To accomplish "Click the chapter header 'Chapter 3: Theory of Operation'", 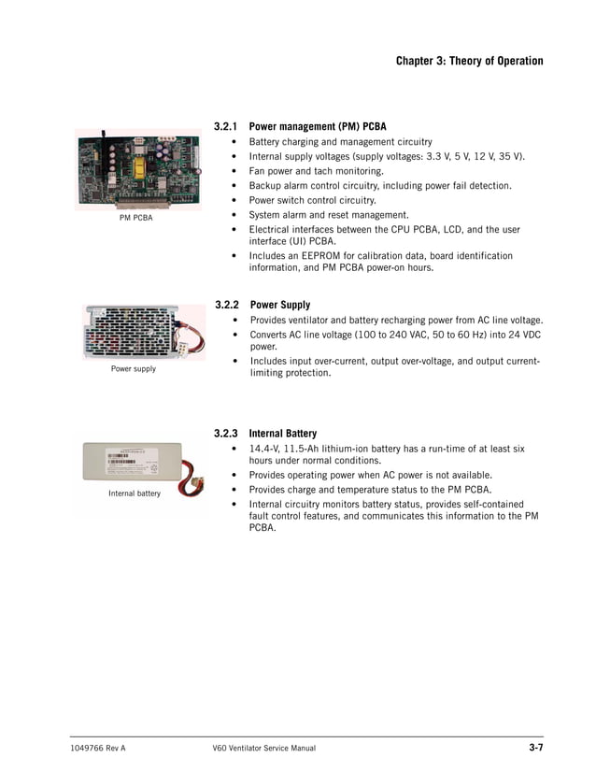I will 469,61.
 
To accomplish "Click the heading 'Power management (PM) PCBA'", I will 318,126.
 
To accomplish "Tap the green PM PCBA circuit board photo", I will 137,168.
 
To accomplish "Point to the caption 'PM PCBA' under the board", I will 136,218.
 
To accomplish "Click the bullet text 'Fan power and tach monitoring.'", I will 316,171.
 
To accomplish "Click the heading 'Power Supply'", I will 280,305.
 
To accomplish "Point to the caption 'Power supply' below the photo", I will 134,369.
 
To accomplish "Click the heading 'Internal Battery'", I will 283,434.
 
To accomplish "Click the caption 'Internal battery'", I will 135,493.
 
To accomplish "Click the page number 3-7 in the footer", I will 535,748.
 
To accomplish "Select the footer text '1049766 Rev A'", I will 98,749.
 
